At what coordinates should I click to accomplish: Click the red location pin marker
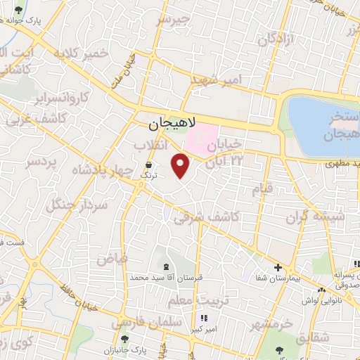pyautogui.click(x=181, y=166)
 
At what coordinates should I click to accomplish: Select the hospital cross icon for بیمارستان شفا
pyautogui.click(x=278, y=268)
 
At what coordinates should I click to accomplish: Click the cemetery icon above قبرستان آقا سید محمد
pyautogui.click(x=165, y=266)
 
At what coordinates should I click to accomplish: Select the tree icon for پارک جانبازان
pyautogui.click(x=124, y=340)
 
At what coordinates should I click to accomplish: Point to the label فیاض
pyautogui.click(x=112, y=258)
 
